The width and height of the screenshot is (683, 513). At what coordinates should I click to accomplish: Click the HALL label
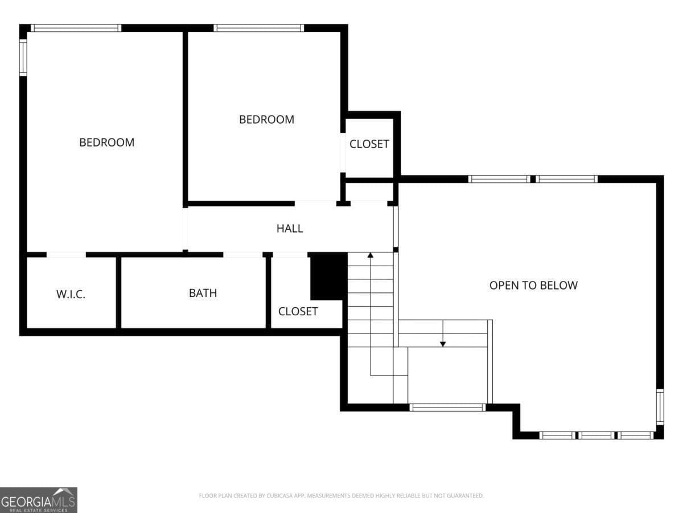point(290,229)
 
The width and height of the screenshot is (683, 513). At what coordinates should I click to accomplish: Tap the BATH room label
point(203,293)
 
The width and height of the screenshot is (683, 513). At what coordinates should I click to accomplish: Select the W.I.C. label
point(71,295)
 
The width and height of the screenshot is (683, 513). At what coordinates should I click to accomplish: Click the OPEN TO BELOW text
point(533,285)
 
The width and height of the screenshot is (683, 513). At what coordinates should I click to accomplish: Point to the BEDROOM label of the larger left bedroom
point(106,142)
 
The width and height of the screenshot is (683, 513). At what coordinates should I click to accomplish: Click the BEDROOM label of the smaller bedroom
point(266,120)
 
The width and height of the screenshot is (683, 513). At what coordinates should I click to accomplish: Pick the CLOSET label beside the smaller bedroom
point(369,144)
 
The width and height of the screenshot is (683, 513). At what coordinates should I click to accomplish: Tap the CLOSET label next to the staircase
point(298,311)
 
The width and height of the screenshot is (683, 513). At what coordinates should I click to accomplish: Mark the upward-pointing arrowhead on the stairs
point(371,255)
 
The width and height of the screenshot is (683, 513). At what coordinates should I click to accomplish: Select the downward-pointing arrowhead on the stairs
point(443,343)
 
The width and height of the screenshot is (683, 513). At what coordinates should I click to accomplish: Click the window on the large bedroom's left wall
point(23,57)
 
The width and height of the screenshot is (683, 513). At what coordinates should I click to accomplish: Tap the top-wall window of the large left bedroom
point(76,28)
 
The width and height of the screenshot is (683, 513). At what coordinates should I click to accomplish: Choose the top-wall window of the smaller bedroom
point(259,28)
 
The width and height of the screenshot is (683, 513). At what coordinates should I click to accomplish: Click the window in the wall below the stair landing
point(447,408)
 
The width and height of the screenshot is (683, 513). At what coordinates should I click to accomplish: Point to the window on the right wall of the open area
point(660,406)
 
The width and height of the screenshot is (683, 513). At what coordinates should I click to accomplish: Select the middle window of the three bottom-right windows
point(596,435)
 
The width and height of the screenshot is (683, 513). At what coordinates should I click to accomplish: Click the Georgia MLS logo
point(38,500)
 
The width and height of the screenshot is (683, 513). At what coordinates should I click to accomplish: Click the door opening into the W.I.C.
point(66,255)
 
